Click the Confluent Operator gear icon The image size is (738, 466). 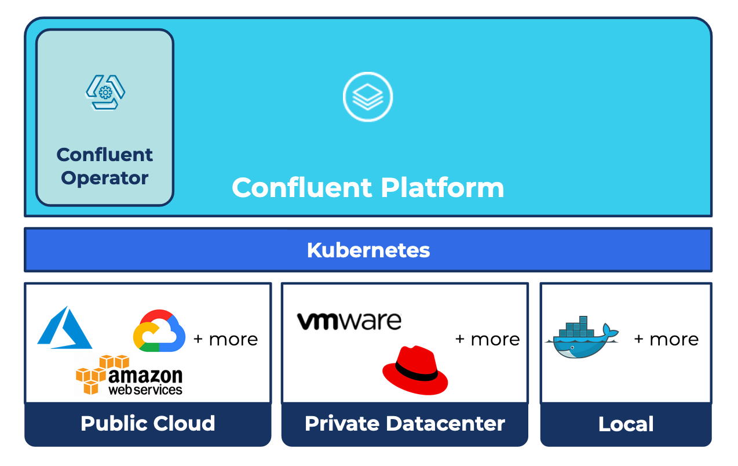[x=105, y=92]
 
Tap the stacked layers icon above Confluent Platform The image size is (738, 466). [x=368, y=96]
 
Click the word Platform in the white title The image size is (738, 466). [x=443, y=188]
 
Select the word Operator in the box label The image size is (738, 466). [x=105, y=178]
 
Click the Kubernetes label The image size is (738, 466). [x=368, y=250]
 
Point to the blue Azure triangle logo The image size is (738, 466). [x=64, y=329]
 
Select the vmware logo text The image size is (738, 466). [x=349, y=321]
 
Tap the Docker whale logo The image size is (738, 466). [x=581, y=339]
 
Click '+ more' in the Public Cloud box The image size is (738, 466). [x=226, y=339]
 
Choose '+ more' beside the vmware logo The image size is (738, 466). [x=488, y=339]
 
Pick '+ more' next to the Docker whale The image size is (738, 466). [x=667, y=339]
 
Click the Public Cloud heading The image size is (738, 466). [x=148, y=424]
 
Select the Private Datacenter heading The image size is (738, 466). [x=405, y=424]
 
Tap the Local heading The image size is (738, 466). [x=626, y=424]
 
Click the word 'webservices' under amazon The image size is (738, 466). [x=145, y=390]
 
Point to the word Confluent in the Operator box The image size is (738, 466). [x=105, y=155]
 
